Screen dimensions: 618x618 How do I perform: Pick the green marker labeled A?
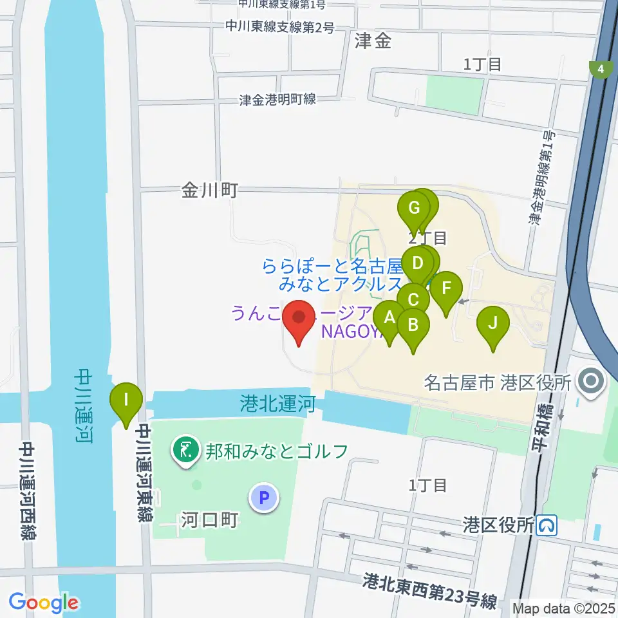389,318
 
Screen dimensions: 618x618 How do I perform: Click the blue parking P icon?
263,497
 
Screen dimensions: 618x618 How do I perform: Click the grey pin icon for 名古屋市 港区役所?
590,381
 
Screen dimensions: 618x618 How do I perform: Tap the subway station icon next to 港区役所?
548,526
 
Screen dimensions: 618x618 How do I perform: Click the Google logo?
44,602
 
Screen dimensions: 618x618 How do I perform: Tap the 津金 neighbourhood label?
373,42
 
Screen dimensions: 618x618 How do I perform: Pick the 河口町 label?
211,519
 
